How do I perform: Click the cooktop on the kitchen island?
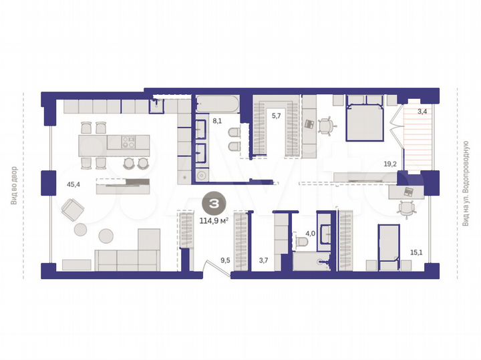(x=127, y=141)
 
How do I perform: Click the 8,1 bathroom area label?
(x=217, y=122)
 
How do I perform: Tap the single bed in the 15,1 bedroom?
(x=388, y=247)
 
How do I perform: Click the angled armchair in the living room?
(x=72, y=210)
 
